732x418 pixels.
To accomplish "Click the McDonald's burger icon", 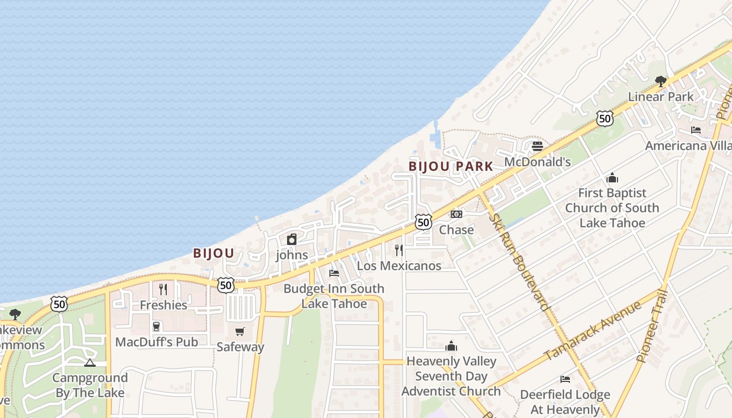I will pyautogui.click(x=537, y=146).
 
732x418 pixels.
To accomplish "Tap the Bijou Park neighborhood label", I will pyautogui.click(x=451, y=167).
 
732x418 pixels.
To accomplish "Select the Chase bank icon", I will pyautogui.click(x=456, y=214).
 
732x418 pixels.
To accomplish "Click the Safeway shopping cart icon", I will pyautogui.click(x=240, y=331).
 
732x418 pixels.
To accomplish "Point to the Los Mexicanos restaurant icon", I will pyautogui.click(x=399, y=250).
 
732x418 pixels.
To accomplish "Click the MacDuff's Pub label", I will pyautogui.click(x=156, y=342).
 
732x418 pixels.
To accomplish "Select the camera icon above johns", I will pyautogui.click(x=292, y=240).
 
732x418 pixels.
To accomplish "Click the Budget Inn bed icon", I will pyautogui.click(x=334, y=273).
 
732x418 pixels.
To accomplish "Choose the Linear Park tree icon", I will pyautogui.click(x=661, y=81).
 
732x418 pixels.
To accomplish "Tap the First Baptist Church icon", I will pyautogui.click(x=612, y=178).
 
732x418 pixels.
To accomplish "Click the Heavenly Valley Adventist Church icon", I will pyautogui.click(x=451, y=346).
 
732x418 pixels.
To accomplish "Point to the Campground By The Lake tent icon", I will pyautogui.click(x=90, y=363).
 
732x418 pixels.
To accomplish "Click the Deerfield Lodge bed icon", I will pyautogui.click(x=565, y=379).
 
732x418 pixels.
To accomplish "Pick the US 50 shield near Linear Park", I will pyautogui.click(x=604, y=119).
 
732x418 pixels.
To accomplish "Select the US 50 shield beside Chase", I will pyautogui.click(x=424, y=222).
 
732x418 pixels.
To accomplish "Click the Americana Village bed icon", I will pyautogui.click(x=696, y=130).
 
